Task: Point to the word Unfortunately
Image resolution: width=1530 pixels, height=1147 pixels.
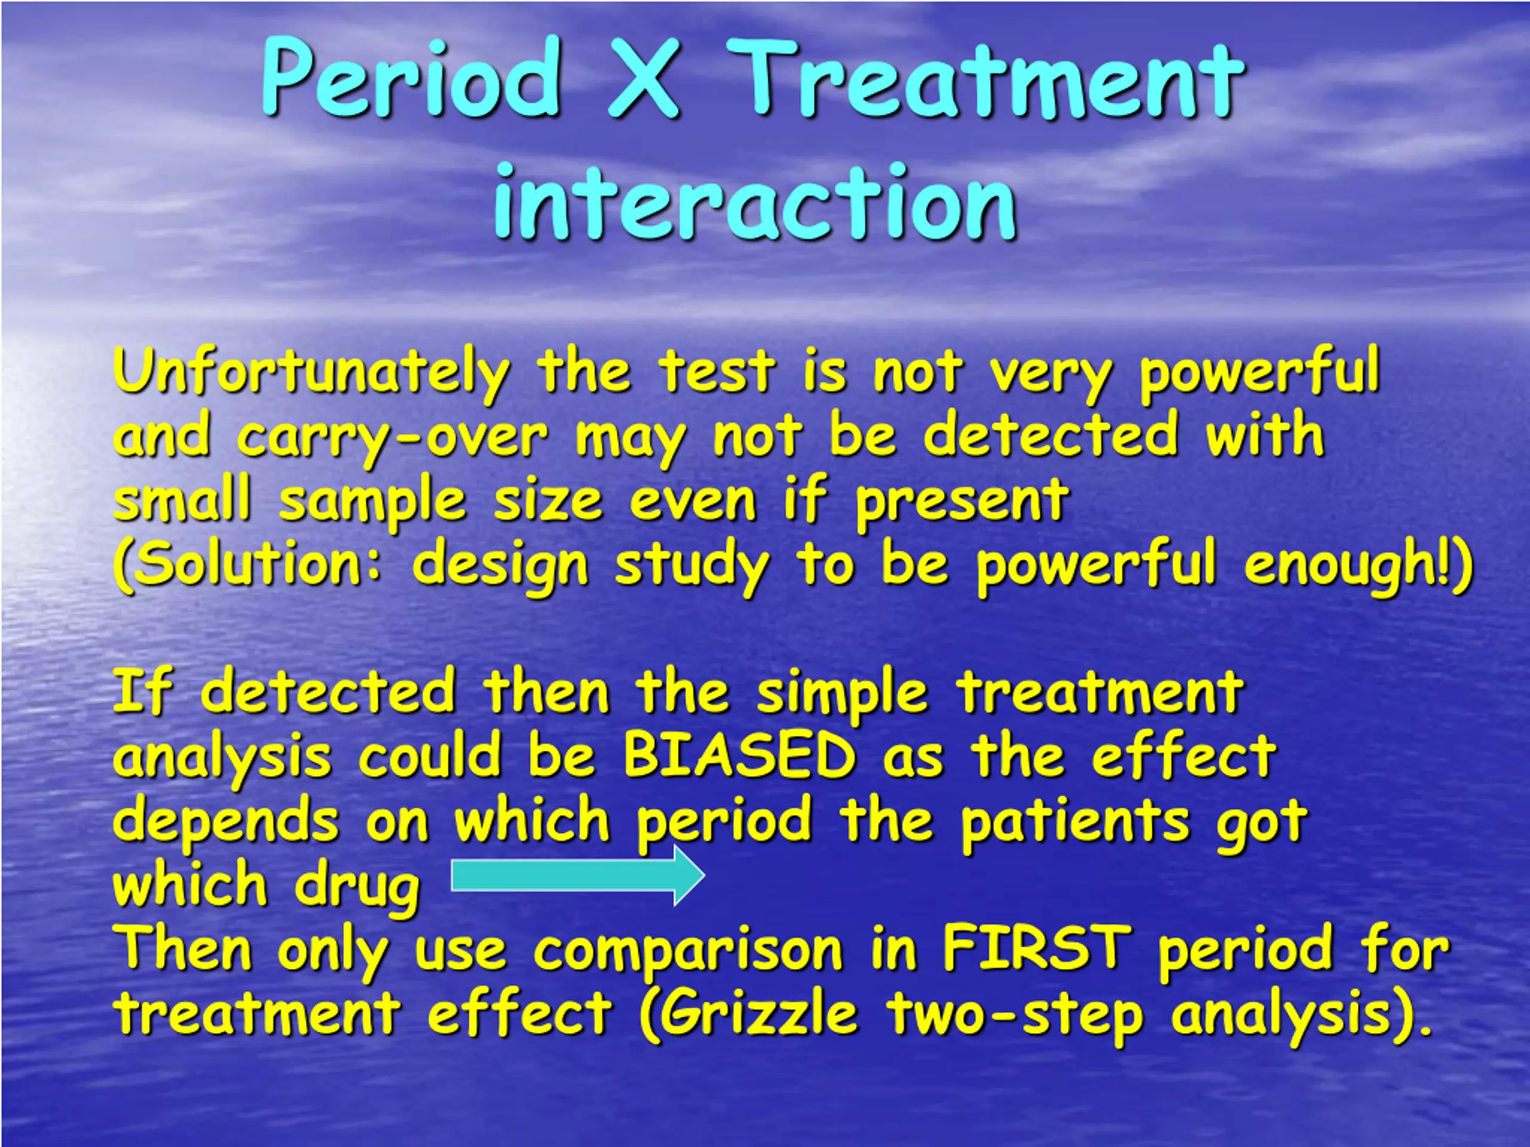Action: [312, 373]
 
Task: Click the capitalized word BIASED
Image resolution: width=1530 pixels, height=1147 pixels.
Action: [739, 755]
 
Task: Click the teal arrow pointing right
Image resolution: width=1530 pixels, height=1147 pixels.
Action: [577, 876]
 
